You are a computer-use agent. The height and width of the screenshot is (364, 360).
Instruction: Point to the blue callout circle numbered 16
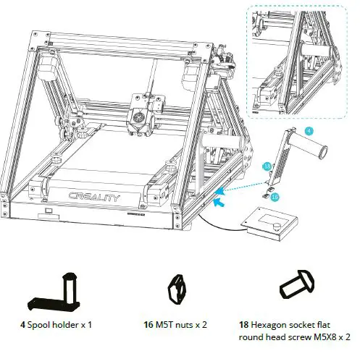pos(276,196)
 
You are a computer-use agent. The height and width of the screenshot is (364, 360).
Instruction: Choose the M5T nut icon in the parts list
pos(177,289)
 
